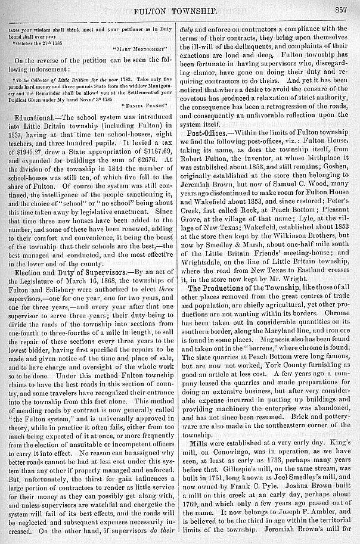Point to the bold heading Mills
pyautogui.click(x=199, y=444)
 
